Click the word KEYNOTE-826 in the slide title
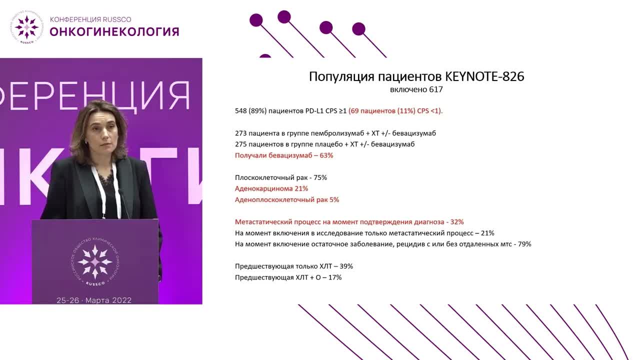click(x=485, y=76)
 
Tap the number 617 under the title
click(x=436, y=89)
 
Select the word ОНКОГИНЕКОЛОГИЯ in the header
click(x=114, y=31)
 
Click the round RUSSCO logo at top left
click(x=27, y=27)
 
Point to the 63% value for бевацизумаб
click(x=326, y=155)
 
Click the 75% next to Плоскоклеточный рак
click(x=320, y=177)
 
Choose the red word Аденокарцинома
click(x=263, y=188)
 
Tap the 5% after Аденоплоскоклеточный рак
click(x=334, y=199)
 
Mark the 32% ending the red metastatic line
click(x=457, y=222)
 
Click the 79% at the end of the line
click(x=524, y=244)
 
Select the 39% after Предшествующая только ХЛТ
click(x=346, y=266)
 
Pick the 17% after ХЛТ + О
click(x=335, y=277)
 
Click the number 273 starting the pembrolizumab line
click(x=241, y=133)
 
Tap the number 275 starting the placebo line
click(x=241, y=144)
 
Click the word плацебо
click(x=328, y=144)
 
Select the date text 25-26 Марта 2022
click(x=94, y=300)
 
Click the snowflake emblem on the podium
click(x=95, y=261)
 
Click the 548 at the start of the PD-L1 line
click(x=241, y=111)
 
